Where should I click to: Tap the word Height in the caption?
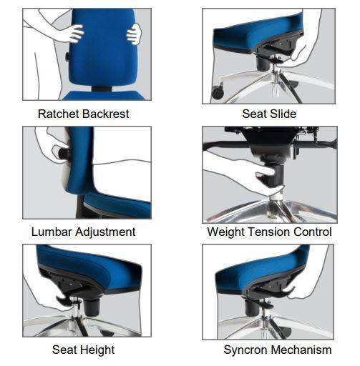(x=98, y=350)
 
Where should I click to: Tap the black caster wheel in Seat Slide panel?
(x=218, y=92)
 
